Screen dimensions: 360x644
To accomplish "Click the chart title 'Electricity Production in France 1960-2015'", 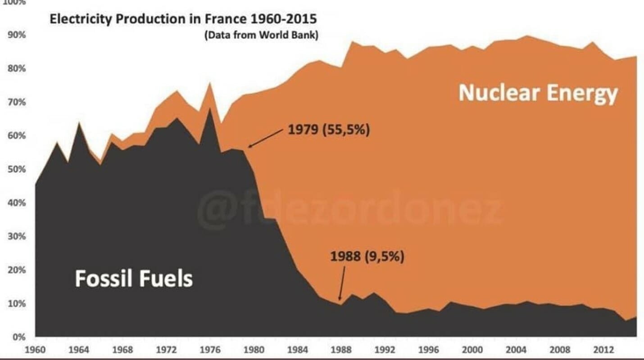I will tap(183, 19).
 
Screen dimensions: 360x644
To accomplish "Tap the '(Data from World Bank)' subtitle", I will tap(262, 36).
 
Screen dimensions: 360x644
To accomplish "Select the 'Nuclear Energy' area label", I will tap(538, 94).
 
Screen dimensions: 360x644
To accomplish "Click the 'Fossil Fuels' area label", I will tap(134, 279).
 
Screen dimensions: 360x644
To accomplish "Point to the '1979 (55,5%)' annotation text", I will tap(328, 131).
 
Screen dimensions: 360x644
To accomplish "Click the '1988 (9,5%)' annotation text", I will tap(367, 257).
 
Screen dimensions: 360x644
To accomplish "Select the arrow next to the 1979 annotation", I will tap(266, 139).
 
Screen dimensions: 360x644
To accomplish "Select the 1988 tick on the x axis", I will tap(340, 350).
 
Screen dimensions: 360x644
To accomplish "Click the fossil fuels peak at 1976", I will tap(209, 109).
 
